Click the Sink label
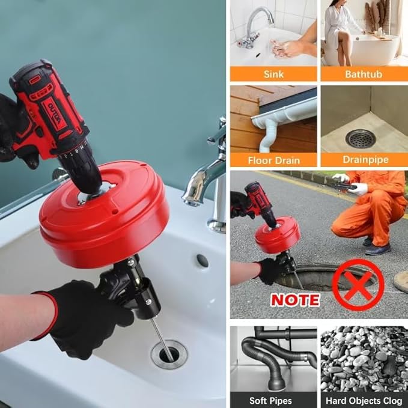coord(273,74)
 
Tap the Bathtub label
coord(363,74)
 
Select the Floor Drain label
coord(273,160)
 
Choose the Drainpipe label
coord(363,160)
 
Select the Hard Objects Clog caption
coord(363,400)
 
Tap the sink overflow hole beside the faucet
coord(202,260)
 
